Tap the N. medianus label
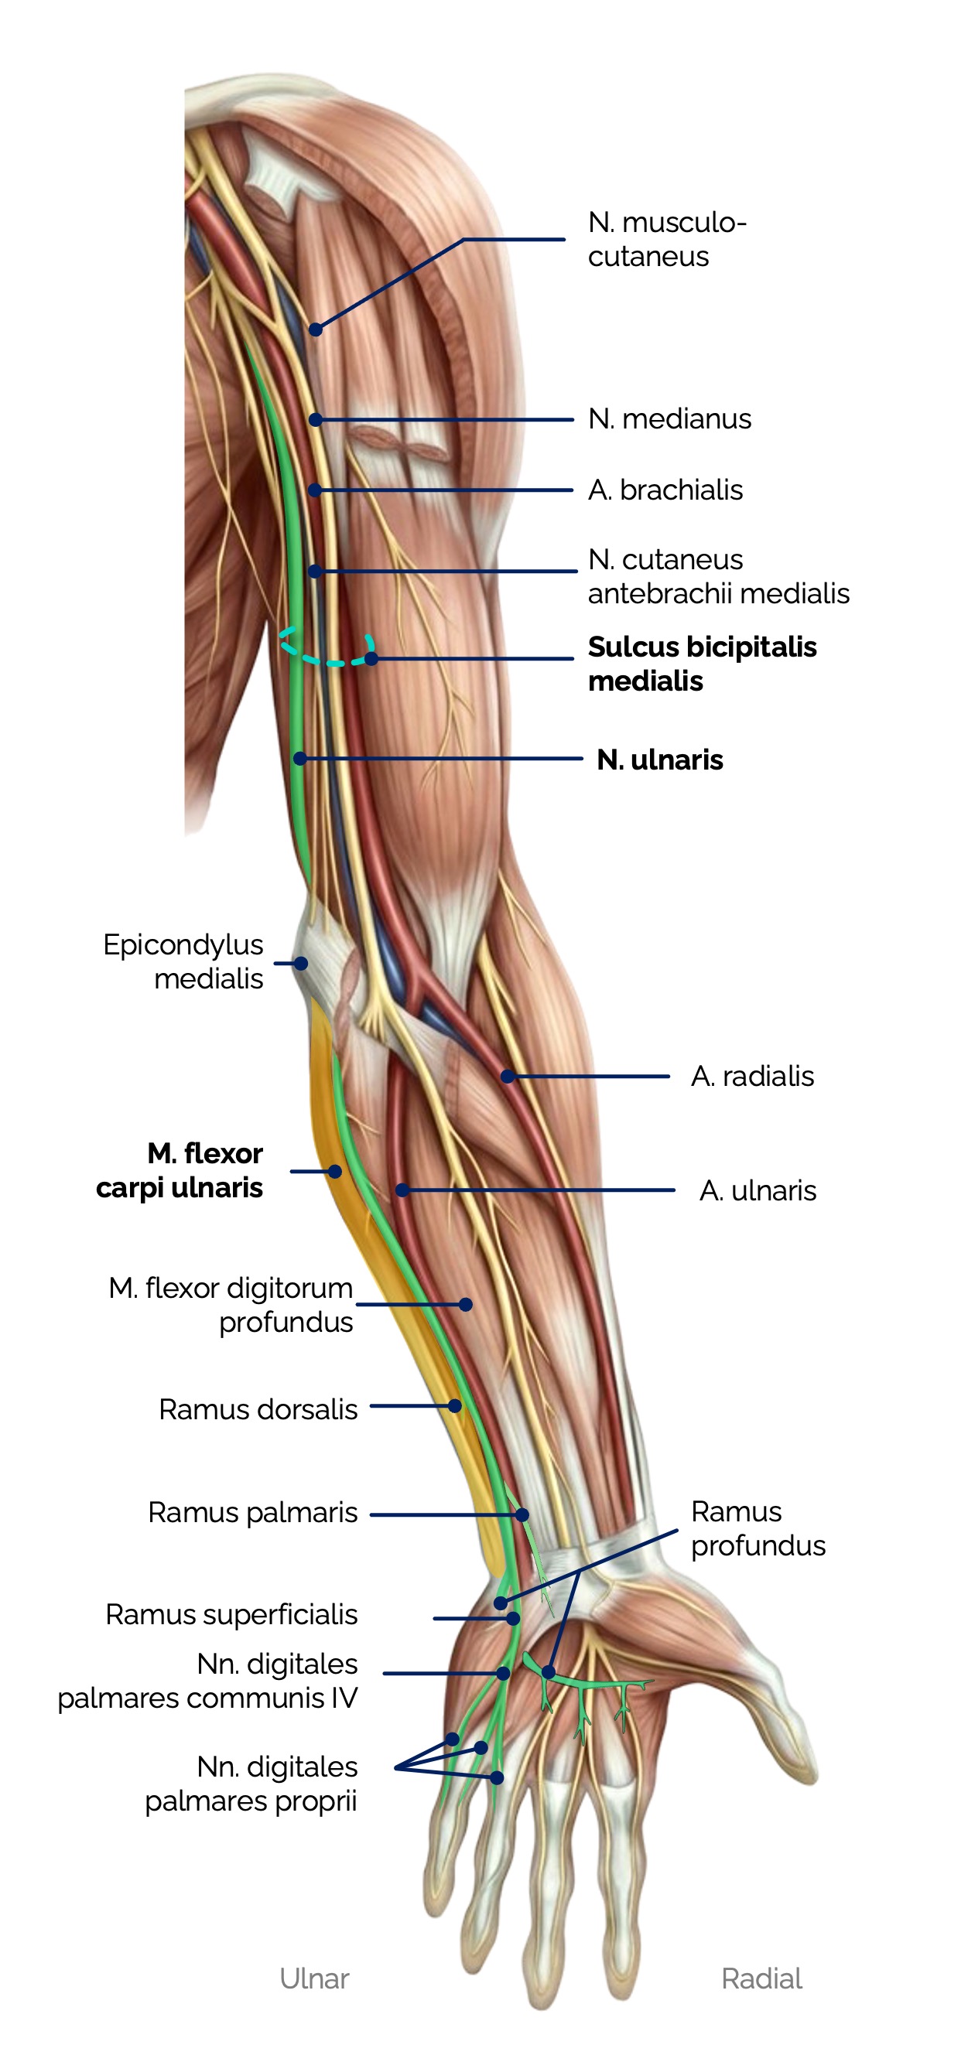669,419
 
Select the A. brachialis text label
665,490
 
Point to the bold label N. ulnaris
659,760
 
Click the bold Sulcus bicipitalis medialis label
701,664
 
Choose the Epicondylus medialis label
183,961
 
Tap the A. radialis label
751,1077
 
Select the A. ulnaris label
757,1191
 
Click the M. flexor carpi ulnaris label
180,1170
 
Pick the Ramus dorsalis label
258,1409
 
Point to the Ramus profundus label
757,1528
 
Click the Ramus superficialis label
231,1614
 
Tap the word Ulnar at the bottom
313,1978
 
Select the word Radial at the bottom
761,1978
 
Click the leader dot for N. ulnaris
300,759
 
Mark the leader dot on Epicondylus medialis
301,963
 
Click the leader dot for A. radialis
508,1077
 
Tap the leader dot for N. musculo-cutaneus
315,329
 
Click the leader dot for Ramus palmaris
522,1514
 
